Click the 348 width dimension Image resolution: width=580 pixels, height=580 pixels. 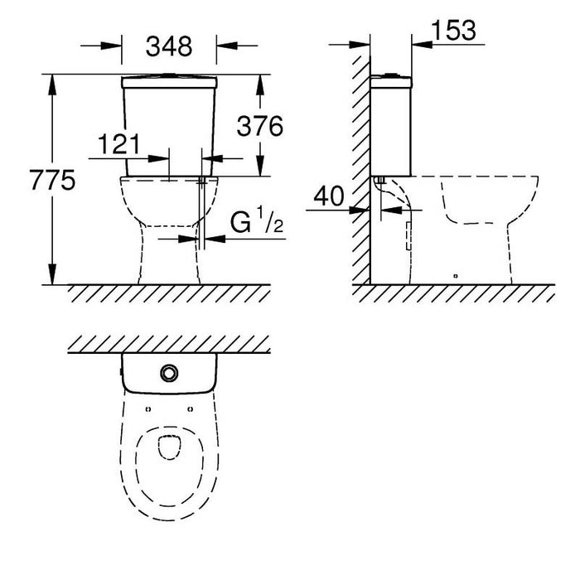pos(169,46)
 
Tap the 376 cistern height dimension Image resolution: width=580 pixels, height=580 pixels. pos(259,126)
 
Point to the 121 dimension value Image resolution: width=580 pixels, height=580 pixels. pos(118,144)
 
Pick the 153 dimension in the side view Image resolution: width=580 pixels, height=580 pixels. pos(454,30)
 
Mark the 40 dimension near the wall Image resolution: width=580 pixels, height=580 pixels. pos(329,196)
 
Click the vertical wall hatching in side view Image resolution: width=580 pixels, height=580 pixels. pos(360,166)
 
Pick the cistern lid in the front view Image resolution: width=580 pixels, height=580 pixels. pos(169,82)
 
